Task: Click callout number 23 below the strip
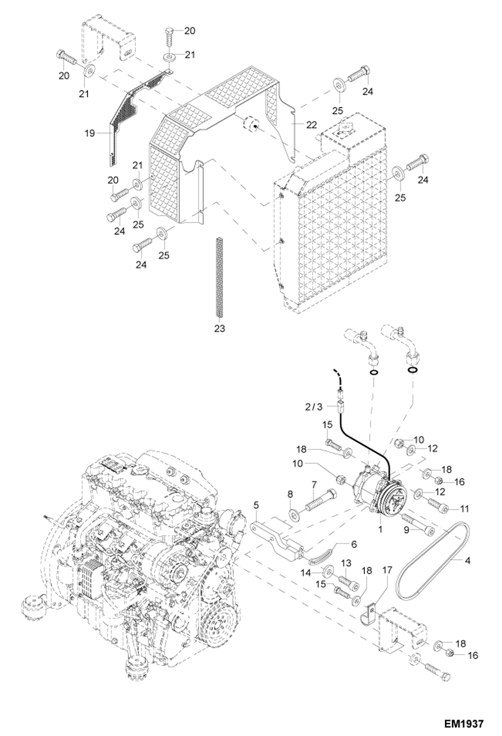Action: click(220, 328)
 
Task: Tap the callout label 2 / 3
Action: click(314, 407)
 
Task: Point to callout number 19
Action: click(89, 133)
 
